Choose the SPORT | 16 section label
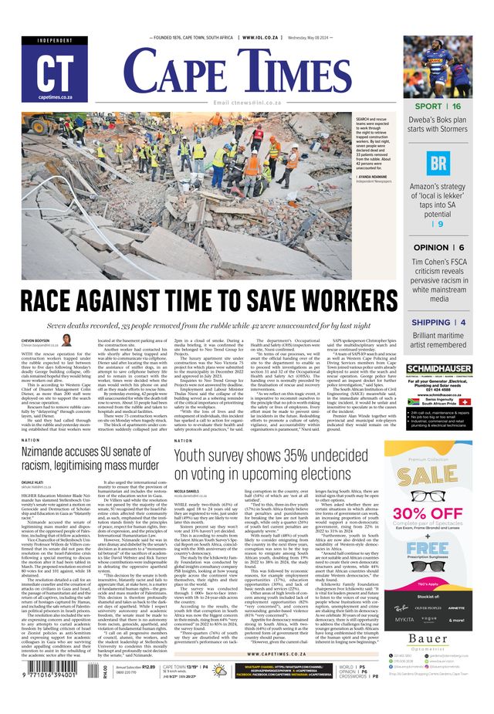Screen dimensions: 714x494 pyautogui.click(x=438, y=106)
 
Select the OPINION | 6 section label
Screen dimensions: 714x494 pyautogui.click(x=438, y=247)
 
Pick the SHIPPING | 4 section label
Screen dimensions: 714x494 pyautogui.click(x=438, y=322)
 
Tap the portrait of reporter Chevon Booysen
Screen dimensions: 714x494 pyautogui.click(x=66, y=340)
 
